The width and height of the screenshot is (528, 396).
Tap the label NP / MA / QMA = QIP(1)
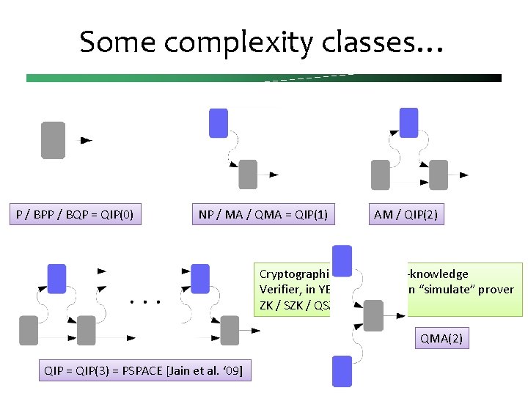263,215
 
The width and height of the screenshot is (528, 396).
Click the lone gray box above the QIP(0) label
53,140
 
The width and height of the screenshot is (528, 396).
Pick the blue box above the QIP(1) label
219,123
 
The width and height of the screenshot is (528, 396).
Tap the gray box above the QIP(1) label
249,175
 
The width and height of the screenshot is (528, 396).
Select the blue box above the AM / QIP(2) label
408,123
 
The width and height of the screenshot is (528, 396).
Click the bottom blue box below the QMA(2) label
342,371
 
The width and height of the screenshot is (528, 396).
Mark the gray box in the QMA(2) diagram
373,315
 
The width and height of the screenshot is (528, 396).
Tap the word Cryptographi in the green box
291,274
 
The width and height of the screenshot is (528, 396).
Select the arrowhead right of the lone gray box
86,139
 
